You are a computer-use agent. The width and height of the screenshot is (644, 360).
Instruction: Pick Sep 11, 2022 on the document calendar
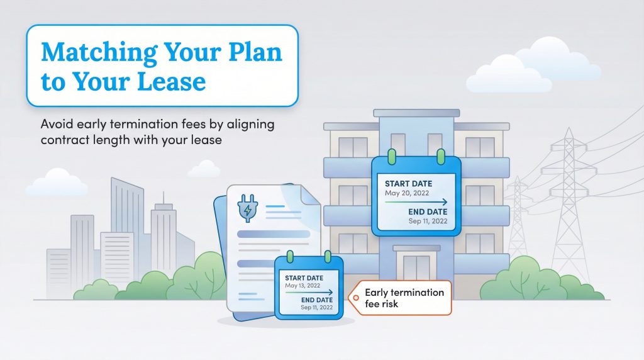[x=318, y=307]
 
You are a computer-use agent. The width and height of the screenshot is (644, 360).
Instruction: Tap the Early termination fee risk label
[x=403, y=298]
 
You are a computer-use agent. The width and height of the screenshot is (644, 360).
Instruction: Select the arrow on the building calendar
[x=416, y=202]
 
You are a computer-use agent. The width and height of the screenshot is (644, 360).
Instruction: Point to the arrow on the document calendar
[x=310, y=292]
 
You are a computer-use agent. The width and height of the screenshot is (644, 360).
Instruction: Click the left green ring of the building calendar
[x=390, y=155]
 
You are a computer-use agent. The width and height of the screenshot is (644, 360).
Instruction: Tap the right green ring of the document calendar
[x=327, y=257]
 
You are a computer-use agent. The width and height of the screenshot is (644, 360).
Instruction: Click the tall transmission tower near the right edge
[x=569, y=201]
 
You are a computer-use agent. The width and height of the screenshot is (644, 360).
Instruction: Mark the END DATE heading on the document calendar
[x=317, y=300]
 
